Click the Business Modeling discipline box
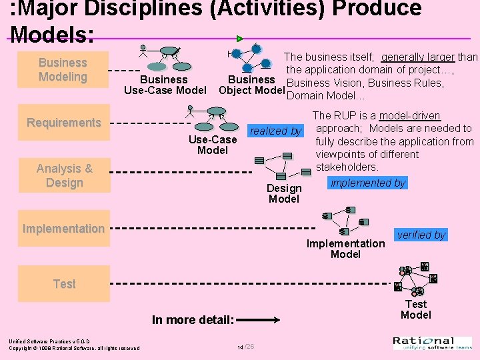click(x=63, y=69)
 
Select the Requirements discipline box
click(x=64, y=123)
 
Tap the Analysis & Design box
click(x=65, y=175)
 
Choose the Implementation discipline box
click(x=64, y=229)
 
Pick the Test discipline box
click(x=64, y=283)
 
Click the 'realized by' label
click(x=276, y=131)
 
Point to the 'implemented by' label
click(x=368, y=183)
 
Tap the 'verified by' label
click(x=421, y=235)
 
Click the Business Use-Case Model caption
click(x=165, y=85)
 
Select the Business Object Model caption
click(x=251, y=85)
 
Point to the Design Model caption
click(x=284, y=193)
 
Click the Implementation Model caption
click(x=345, y=249)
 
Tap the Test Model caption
click(x=416, y=309)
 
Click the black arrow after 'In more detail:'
click(x=257, y=320)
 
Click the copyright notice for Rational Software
click(x=73, y=348)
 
